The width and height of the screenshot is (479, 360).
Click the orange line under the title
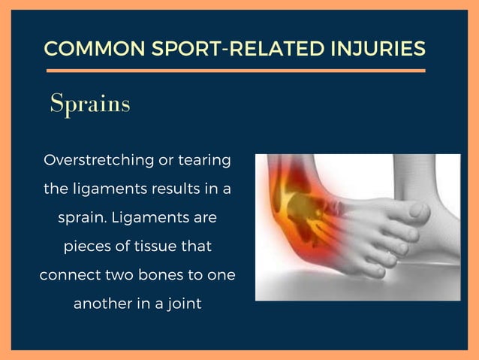point(235,70)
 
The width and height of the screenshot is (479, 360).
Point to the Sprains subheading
point(90,104)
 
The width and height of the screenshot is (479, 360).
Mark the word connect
point(68,274)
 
